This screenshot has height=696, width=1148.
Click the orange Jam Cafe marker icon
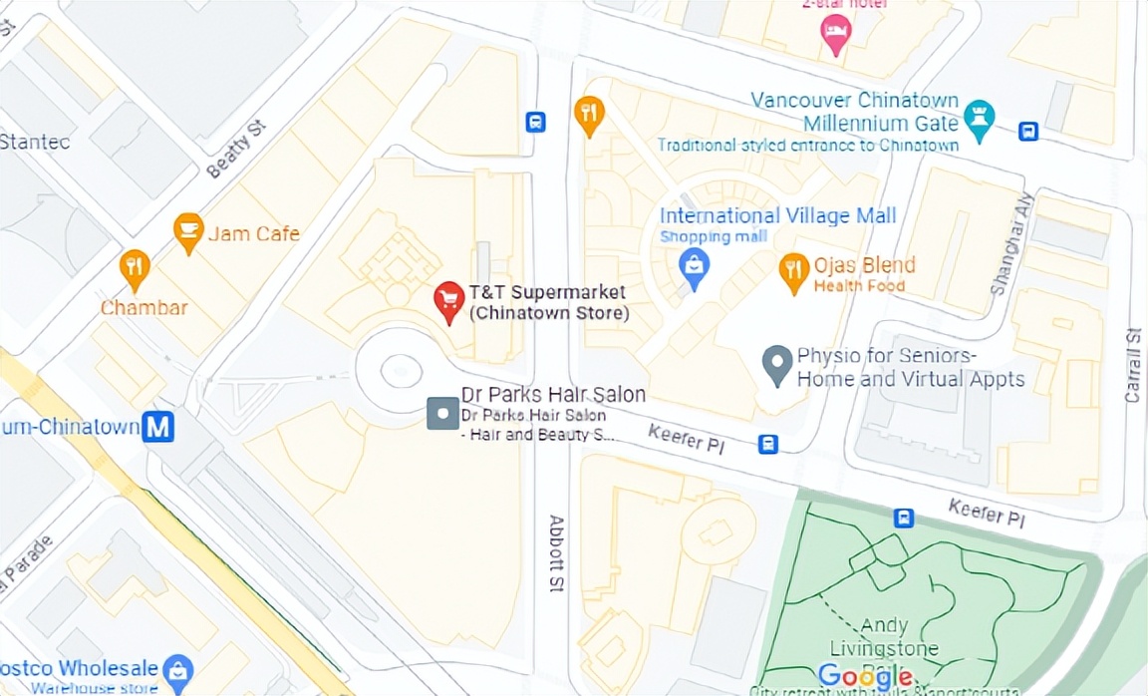pyautogui.click(x=187, y=232)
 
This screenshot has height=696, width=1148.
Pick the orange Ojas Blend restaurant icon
pyautogui.click(x=793, y=271)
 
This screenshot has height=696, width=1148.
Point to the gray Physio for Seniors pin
pyautogui.click(x=777, y=364)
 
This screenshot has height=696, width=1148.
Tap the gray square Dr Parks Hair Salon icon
pyautogui.click(x=442, y=413)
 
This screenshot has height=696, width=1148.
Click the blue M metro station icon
pyautogui.click(x=157, y=427)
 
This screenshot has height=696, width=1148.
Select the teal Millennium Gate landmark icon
pyautogui.click(x=980, y=122)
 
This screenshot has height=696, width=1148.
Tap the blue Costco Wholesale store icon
pyautogui.click(x=178, y=669)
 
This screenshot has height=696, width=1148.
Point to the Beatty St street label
pyautogui.click(x=229, y=156)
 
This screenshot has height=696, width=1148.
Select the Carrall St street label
pyautogui.click(x=1132, y=364)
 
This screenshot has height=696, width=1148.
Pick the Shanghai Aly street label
pyautogui.click(x=1012, y=243)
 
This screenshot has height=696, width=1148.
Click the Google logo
pyautogui.click(x=865, y=675)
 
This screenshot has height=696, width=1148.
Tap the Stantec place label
pyautogui.click(x=35, y=142)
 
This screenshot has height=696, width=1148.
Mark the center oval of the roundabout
pyautogui.click(x=396, y=370)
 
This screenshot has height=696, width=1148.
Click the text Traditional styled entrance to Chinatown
pyautogui.click(x=807, y=146)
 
